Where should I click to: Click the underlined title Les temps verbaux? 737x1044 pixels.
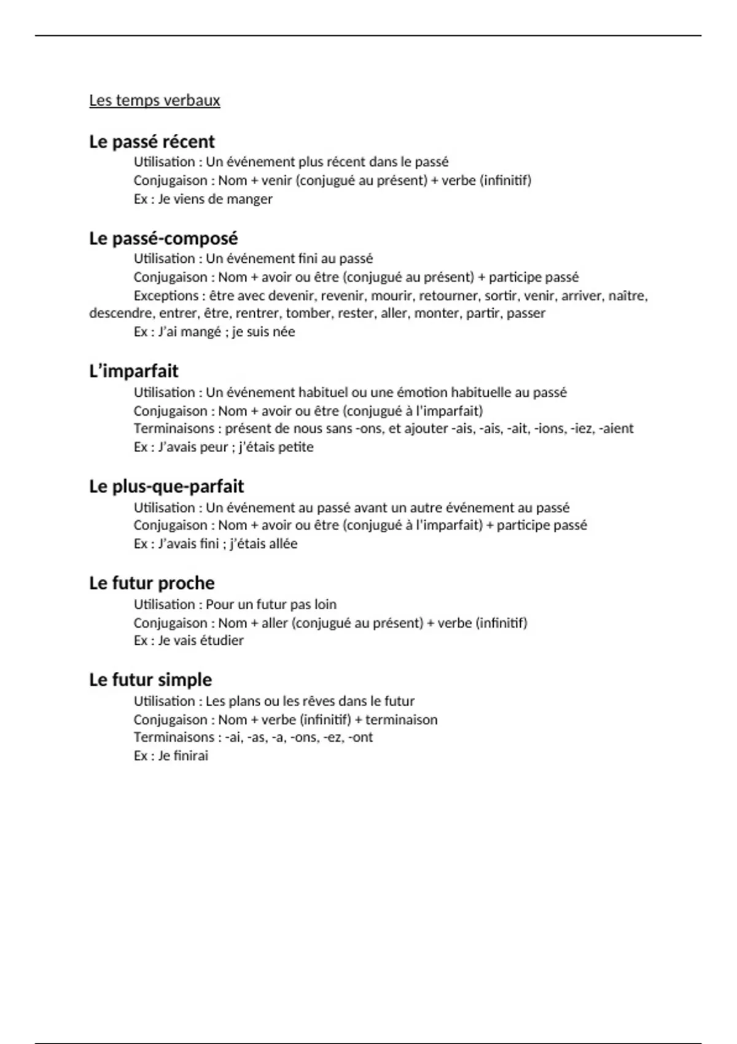pos(154,100)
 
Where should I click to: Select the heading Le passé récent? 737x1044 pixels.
pos(152,141)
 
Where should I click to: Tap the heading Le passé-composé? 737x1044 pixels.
pos(163,238)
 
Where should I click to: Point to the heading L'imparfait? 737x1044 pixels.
pos(133,371)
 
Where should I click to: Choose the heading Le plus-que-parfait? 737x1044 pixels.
pos(166,486)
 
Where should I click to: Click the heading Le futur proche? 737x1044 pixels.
pos(152,583)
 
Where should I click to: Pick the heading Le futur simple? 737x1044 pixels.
pos(150,680)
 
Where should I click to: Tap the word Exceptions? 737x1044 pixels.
pos(166,295)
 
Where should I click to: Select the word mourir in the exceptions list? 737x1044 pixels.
pos(391,295)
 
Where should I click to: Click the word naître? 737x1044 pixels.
pos(628,295)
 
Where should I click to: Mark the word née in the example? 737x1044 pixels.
pos(283,332)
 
